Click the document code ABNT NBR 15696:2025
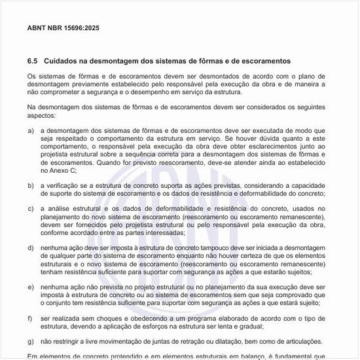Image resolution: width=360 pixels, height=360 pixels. tap(63, 29)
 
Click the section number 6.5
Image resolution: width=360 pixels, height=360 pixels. tap(33, 61)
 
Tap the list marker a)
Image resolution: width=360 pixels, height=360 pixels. tap(31, 130)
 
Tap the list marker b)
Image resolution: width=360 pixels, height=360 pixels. tap(31, 186)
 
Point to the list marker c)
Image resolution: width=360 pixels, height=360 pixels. tap(31, 209)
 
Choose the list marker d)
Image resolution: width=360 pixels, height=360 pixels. tap(31, 248)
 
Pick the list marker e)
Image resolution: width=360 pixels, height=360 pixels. tap(31, 287)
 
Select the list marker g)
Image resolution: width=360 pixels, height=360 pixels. tap(31, 342)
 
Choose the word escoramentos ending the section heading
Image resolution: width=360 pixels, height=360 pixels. tap(264, 61)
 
